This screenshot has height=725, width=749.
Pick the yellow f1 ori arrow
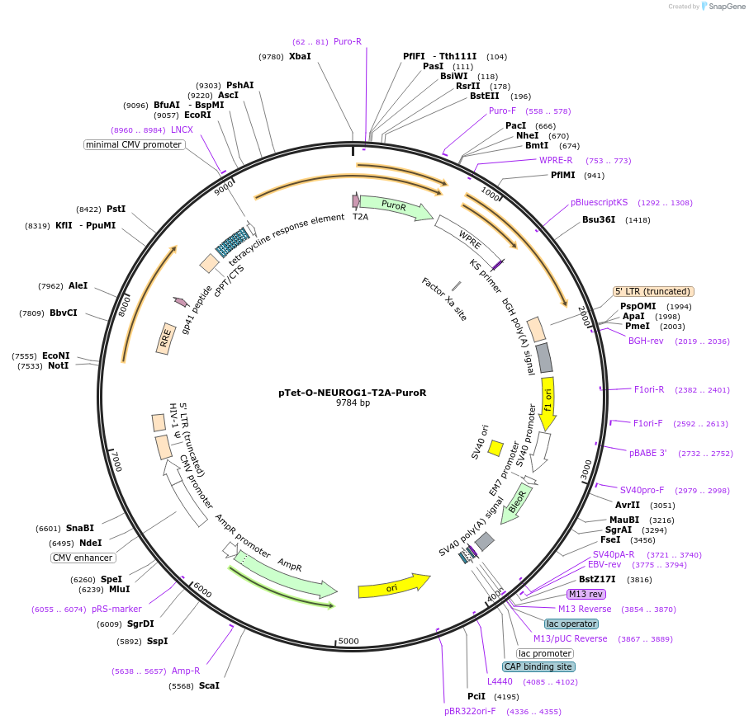[547, 403]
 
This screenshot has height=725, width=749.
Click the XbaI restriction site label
[300, 57]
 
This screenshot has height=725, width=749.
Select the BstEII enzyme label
[484, 97]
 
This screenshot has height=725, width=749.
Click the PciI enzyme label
[476, 697]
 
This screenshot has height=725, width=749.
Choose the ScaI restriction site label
[209, 686]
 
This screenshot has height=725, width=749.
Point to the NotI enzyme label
[58, 365]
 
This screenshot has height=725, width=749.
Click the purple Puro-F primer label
[502, 111]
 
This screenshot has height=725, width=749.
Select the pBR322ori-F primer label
[470, 711]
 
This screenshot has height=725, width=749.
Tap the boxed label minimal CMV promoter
[134, 145]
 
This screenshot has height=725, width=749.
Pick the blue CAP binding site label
[538, 666]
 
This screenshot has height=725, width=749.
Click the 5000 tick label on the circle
[348, 641]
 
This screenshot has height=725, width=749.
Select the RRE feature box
[167, 337]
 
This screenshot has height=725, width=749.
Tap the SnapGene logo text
[724, 7]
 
